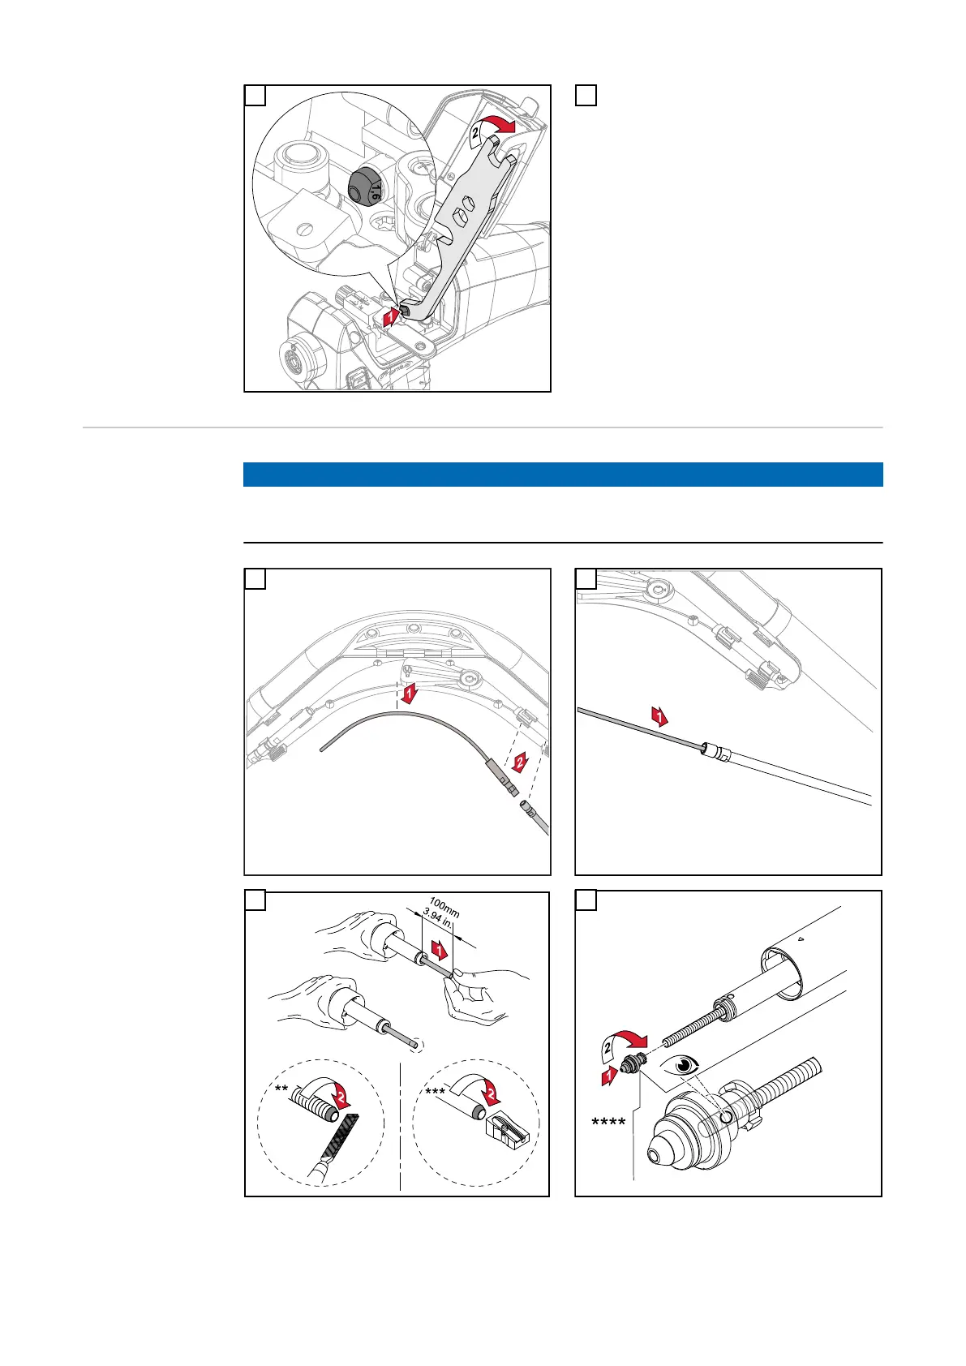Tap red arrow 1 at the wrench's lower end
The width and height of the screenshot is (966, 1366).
coord(390,316)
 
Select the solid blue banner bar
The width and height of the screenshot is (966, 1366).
coord(563,475)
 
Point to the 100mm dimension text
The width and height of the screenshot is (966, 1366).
coord(444,908)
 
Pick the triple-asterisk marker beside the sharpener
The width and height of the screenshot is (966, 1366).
coord(435,1093)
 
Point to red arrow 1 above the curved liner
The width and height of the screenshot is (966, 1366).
coord(411,693)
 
